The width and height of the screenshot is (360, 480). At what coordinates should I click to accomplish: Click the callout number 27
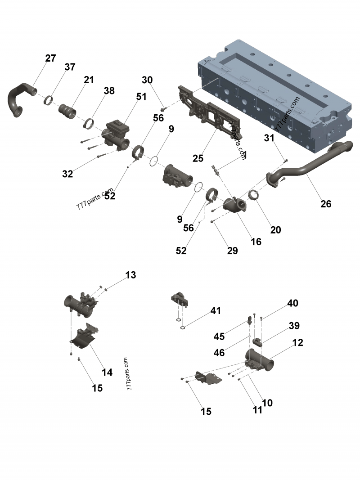pos(50,58)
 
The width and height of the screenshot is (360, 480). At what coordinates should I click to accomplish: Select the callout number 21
pos(89,80)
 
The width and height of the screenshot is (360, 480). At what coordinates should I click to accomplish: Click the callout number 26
pos(326,204)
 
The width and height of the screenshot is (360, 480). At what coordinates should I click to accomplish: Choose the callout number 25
pos(198,158)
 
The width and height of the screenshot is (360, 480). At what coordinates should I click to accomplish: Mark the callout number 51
pos(142,96)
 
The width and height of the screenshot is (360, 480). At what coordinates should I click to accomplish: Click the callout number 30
pos(147,80)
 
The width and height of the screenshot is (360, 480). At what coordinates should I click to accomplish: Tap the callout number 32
pos(67,174)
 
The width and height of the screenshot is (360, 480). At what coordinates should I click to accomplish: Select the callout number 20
pos(275,230)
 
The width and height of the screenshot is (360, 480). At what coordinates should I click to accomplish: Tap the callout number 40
pos(292,303)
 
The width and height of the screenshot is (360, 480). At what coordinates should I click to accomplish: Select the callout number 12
pos(297,342)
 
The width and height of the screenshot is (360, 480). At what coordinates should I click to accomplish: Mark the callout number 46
pos(219,353)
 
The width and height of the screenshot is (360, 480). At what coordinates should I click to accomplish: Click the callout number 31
pos(269,138)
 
